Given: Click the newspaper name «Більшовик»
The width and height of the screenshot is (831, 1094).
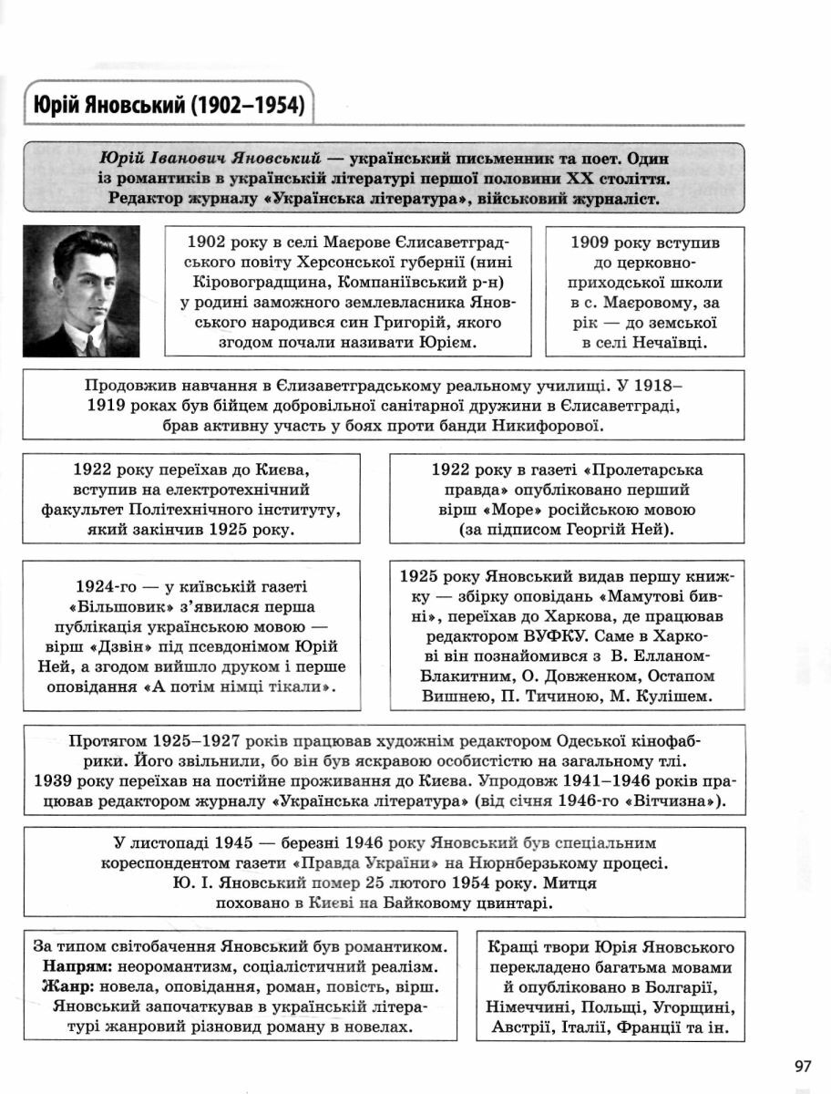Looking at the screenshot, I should click(x=121, y=606).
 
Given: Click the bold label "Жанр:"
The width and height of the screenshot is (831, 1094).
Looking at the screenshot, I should click(x=67, y=986).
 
